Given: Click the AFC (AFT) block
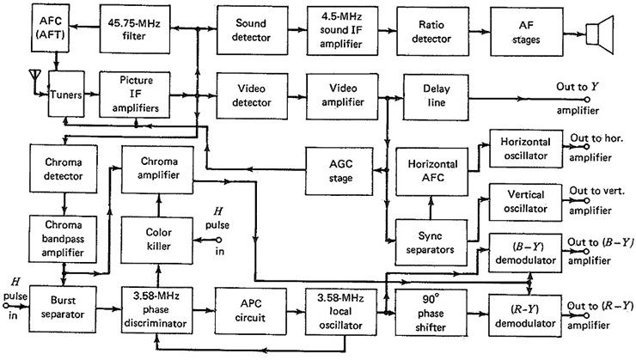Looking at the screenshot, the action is tap(52, 28).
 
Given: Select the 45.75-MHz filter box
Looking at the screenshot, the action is tap(135, 29).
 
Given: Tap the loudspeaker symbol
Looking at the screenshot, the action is tap(600, 34).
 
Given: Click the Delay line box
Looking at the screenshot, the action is tap(436, 97).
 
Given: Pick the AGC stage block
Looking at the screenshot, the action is tap(339, 171).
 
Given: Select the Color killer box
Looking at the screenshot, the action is tap(157, 240).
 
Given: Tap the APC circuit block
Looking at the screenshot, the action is tap(250, 310).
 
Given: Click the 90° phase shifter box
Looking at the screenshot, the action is tap(431, 313).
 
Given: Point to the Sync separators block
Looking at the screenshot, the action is tap(431, 242).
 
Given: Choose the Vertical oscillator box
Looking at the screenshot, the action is tap(526, 202).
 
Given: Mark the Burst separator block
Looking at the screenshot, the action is tap(63, 309).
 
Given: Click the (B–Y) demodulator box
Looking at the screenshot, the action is tap(526, 253).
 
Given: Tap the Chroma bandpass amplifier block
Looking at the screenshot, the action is tap(63, 239).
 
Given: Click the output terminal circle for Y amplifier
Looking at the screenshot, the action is tap(586, 99).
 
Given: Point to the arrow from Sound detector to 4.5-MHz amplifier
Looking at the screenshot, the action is tap(297, 29).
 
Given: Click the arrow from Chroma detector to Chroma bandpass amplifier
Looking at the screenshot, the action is tap(64, 204).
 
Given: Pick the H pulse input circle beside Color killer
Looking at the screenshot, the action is tap(219, 240).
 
